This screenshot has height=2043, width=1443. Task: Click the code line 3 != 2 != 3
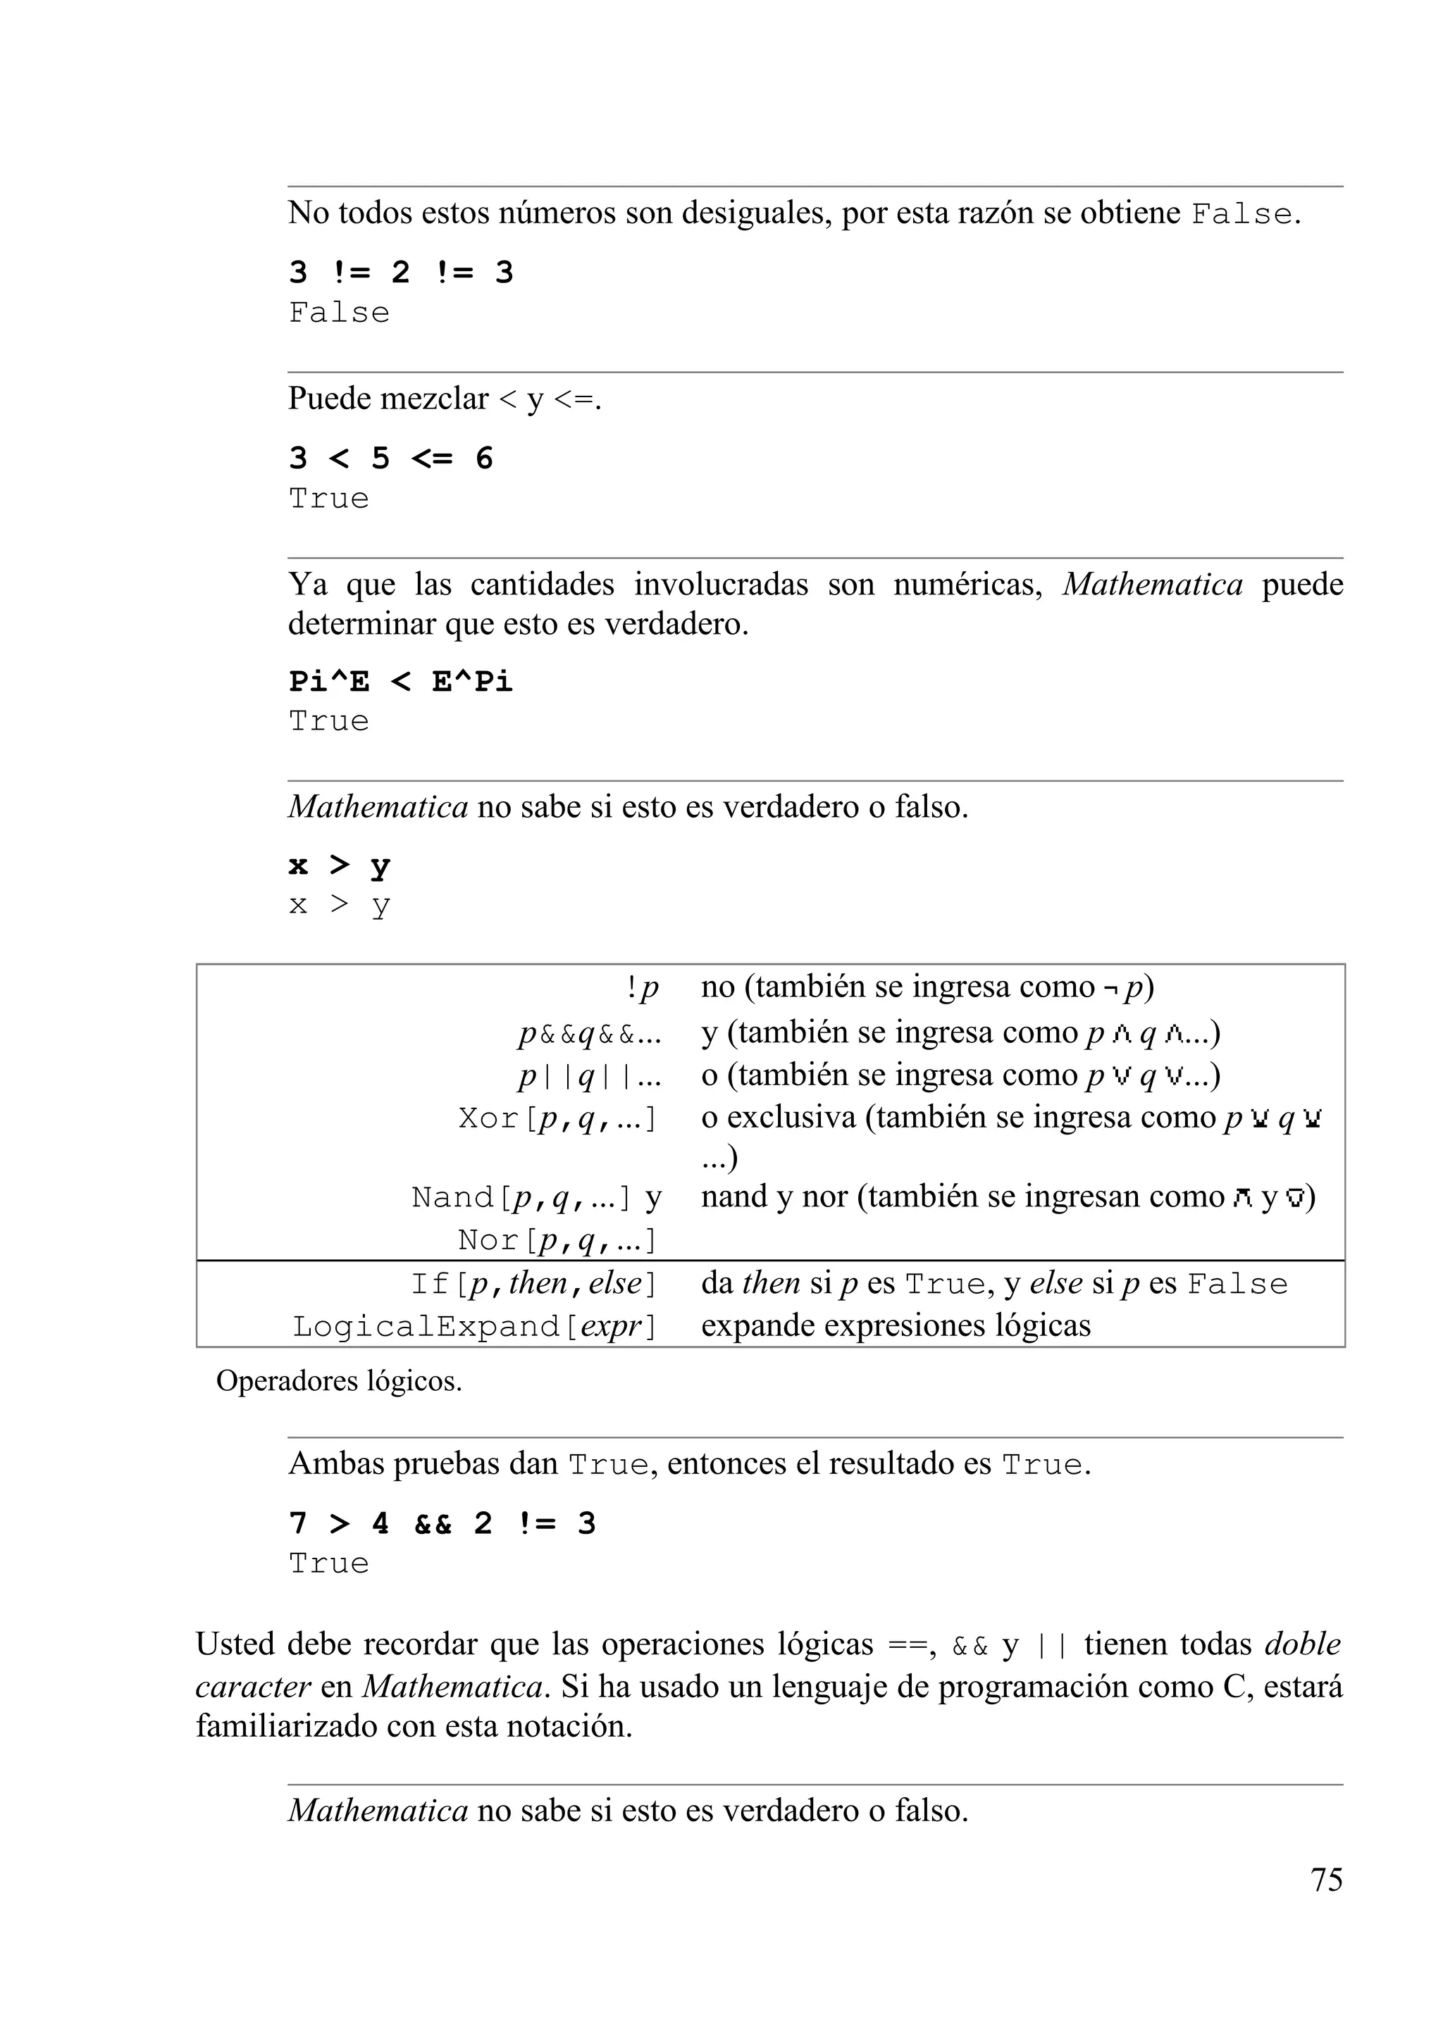(401, 273)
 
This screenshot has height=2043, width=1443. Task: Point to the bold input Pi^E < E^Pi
(401, 682)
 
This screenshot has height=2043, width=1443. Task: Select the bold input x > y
(339, 865)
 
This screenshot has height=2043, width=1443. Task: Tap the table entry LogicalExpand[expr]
(474, 1327)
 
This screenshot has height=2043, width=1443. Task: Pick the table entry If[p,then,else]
(533, 1284)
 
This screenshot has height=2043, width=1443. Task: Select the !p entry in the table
(642, 987)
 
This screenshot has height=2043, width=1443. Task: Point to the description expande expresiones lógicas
(896, 1326)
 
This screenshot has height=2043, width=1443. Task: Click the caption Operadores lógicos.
(339, 1381)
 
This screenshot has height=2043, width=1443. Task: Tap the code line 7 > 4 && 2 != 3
(442, 1523)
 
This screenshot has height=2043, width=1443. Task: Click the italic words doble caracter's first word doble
(1301, 1644)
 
